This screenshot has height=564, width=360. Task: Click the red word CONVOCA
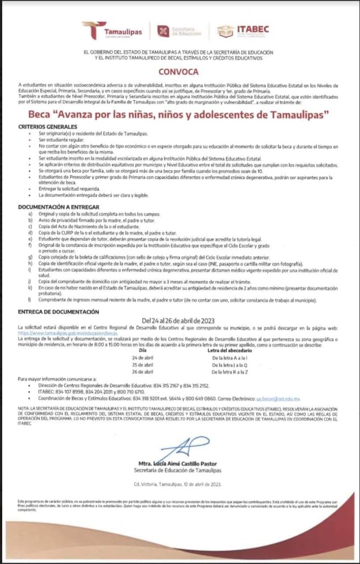point(179,72)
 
